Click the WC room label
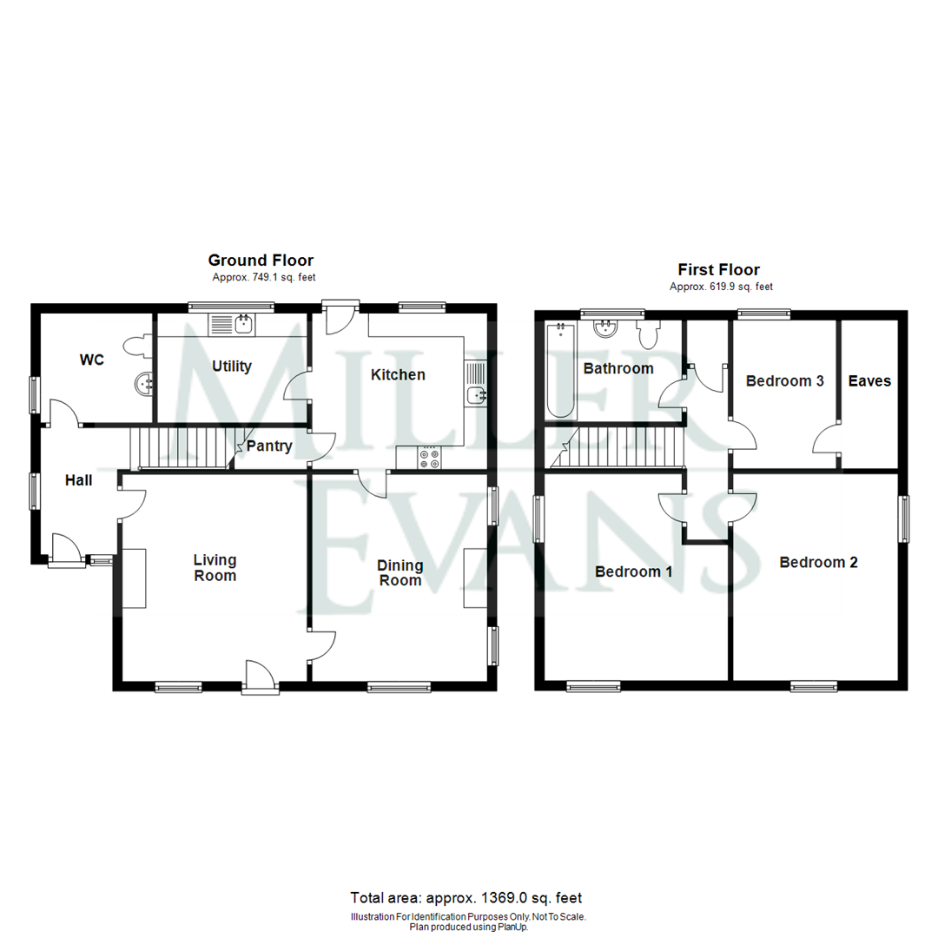click(x=91, y=360)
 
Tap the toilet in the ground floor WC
click(x=135, y=346)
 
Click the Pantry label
click(x=269, y=447)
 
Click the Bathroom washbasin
click(x=604, y=329)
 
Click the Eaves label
click(x=869, y=380)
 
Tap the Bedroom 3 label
click(x=784, y=380)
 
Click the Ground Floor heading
click(x=261, y=261)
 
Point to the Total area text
click(x=466, y=897)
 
